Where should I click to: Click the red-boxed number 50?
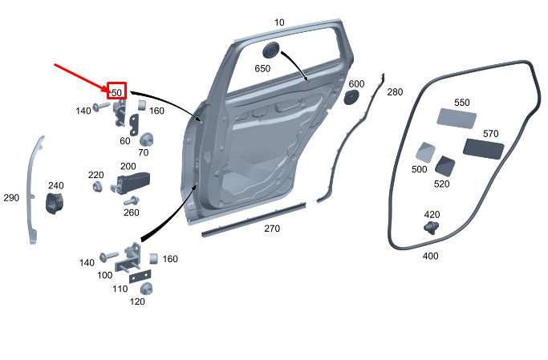(116, 92)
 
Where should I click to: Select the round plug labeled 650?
(271, 50)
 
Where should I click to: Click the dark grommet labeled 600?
(351, 97)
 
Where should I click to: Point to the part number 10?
(279, 22)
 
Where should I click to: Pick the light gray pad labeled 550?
(457, 119)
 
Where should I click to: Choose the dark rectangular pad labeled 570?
(483, 149)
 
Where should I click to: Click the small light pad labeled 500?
(425, 152)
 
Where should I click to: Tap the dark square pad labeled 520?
(444, 166)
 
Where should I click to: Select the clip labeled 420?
(432, 228)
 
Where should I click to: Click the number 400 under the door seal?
(430, 256)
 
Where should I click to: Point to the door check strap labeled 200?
(132, 181)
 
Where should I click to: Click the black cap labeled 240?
(55, 203)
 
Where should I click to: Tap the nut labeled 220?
(98, 187)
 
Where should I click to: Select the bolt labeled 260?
(132, 201)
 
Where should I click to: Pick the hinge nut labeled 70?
(147, 140)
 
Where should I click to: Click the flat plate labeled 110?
(140, 277)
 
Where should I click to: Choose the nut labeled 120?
(146, 289)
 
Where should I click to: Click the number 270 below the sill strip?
(272, 229)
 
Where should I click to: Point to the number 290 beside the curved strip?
(11, 198)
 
